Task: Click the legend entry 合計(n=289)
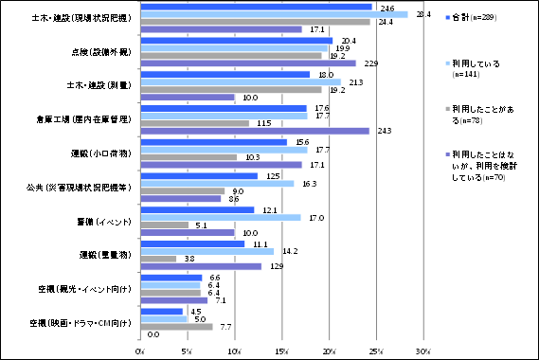(482, 18)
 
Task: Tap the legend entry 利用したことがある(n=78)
(484, 115)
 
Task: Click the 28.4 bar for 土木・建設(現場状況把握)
(274, 14)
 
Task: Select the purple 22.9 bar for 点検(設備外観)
(248, 63)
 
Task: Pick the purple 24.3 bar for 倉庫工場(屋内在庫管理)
(255, 131)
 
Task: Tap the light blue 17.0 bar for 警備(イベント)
(220, 217)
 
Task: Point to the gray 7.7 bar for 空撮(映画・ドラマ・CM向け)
(176, 327)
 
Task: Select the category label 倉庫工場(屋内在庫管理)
(83, 119)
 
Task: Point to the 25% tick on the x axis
(376, 351)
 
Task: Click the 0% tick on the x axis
(140, 351)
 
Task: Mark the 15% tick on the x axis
(281, 351)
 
